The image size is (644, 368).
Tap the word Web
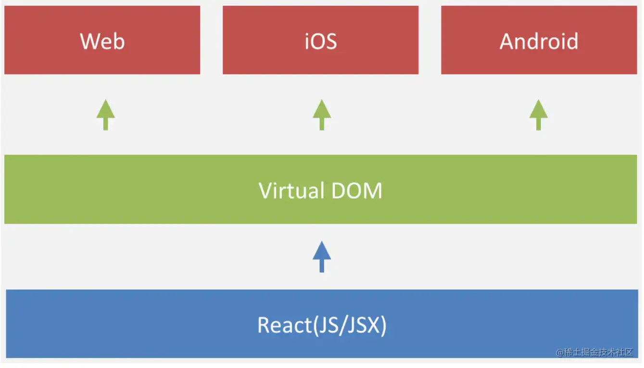102,41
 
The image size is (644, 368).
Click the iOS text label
321,41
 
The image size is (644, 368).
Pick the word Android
539,41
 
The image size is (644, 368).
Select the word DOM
356,191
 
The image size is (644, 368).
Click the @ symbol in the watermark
560,353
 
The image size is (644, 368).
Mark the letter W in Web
89,41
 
